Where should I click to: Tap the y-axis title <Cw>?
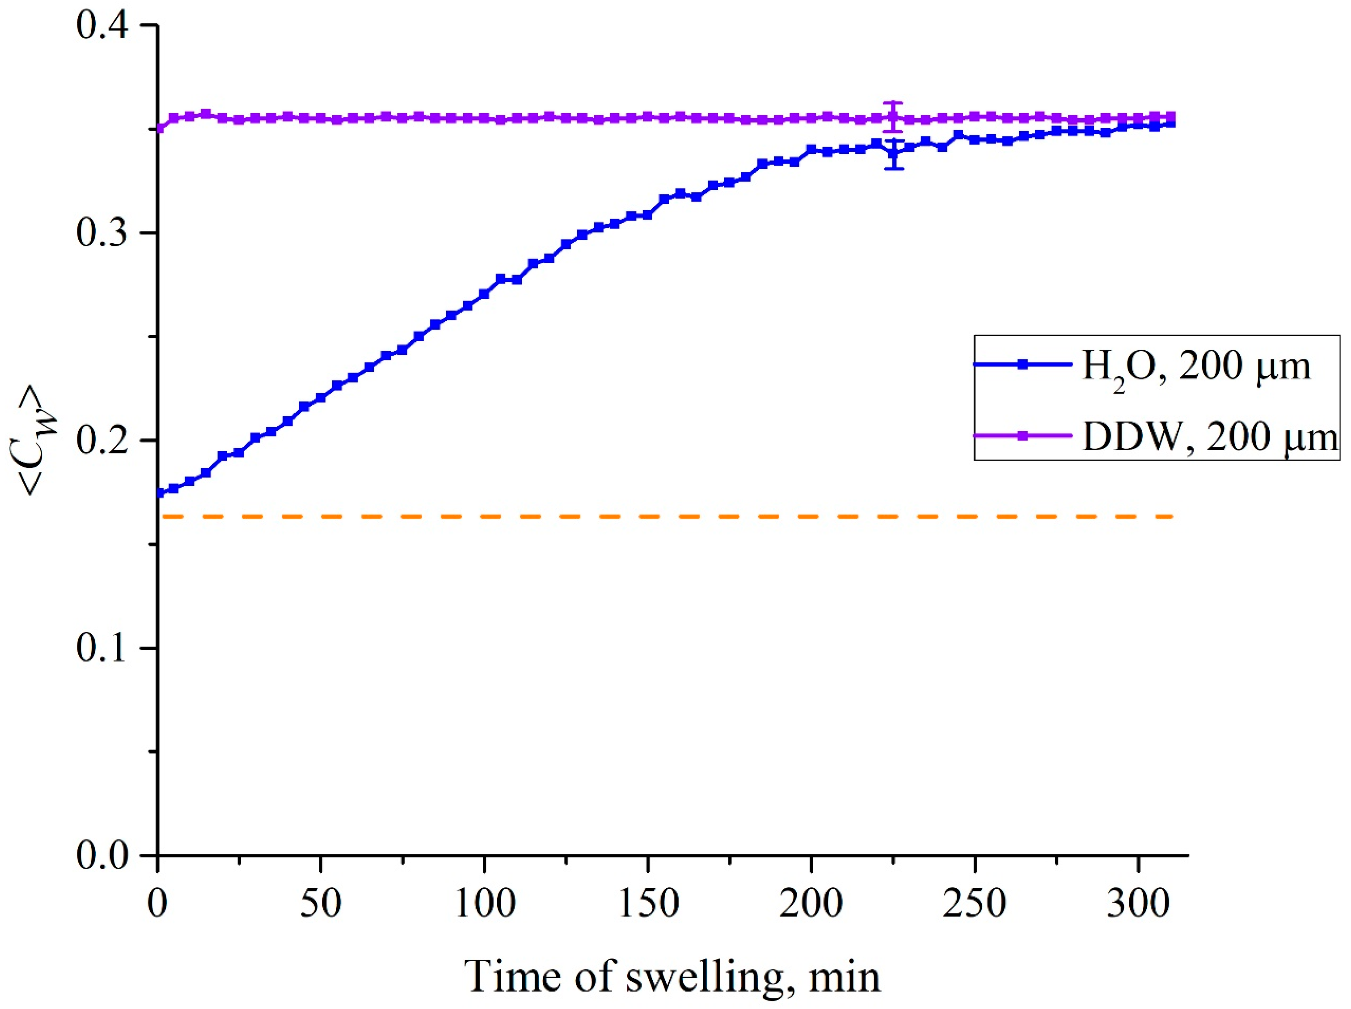pos(38,441)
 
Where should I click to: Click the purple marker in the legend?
pos(1023,435)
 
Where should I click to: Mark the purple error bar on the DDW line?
pos(893,116)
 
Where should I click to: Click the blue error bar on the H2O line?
pos(894,154)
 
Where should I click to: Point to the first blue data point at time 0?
pos(159,493)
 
